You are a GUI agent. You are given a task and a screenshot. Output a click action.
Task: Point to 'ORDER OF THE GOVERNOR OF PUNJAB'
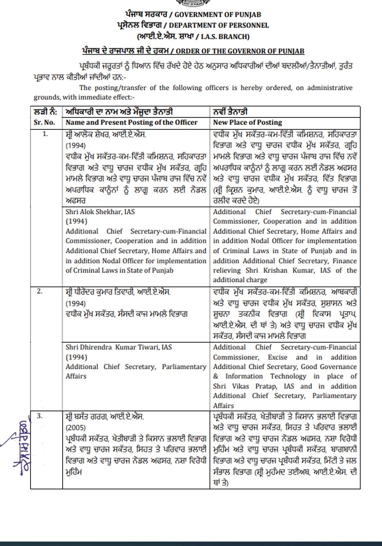tap(240, 51)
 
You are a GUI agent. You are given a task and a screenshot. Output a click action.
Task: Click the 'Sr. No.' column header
tap(44, 122)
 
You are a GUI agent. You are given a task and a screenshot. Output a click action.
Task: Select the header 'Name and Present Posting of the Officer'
tap(132, 122)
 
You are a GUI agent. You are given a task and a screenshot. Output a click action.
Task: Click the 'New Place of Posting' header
tap(247, 122)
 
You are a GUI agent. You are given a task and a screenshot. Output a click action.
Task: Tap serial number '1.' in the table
tap(45, 134)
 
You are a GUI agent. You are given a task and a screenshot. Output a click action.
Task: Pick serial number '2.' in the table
tap(40, 291)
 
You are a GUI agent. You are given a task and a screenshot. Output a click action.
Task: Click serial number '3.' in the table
tap(40, 416)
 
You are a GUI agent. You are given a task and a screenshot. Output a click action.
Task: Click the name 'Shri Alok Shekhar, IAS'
tap(100, 212)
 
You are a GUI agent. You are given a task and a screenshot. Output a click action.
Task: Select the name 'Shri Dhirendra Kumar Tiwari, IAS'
tap(119, 347)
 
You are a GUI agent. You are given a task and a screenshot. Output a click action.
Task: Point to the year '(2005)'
tap(76, 427)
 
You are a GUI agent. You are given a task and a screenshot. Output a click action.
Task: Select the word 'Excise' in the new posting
tap(278, 357)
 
